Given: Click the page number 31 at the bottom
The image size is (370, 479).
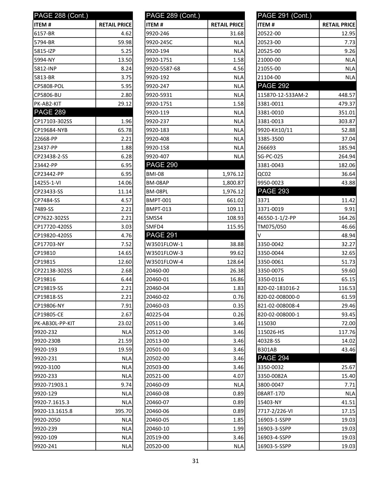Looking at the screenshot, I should [195, 461].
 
